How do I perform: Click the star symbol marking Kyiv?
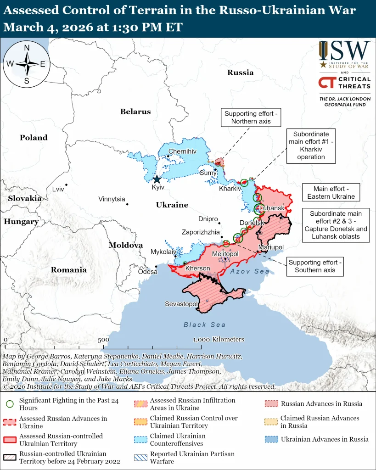point(157,179)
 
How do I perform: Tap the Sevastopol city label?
point(181,304)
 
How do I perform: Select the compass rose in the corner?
point(27,64)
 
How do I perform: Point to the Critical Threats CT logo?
point(326,83)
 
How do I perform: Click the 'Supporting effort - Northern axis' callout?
point(251,117)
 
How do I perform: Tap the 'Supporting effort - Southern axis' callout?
point(315,266)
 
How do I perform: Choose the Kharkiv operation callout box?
point(310,145)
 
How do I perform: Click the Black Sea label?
point(205,325)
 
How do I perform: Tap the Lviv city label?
point(58,189)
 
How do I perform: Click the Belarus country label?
point(135,112)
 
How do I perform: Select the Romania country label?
point(68,270)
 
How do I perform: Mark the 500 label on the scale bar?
point(103,340)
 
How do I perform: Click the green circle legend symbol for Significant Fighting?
point(9,404)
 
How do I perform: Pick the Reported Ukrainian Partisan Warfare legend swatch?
point(140,458)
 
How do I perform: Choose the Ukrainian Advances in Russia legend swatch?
point(271,439)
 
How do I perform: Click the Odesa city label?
point(147,272)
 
